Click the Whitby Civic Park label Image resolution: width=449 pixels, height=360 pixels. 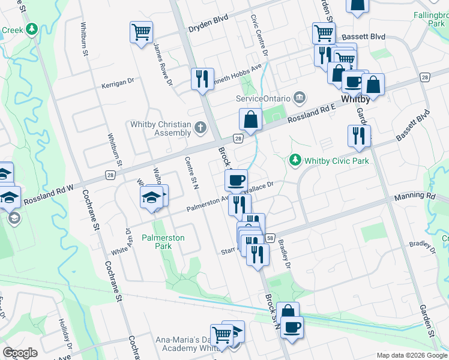click(336, 160)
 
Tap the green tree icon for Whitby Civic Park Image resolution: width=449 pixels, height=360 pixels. click(295, 160)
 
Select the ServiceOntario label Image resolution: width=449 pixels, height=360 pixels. click(264, 98)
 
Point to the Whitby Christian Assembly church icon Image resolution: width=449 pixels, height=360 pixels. click(200, 127)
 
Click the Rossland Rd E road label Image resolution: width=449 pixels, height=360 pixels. click(310, 112)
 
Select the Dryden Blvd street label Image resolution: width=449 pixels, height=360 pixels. click(208, 28)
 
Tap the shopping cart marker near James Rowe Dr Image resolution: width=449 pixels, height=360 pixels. click(141, 32)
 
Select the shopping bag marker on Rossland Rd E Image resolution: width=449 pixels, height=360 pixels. click(250, 119)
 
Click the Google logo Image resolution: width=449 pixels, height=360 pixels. click(20, 353)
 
